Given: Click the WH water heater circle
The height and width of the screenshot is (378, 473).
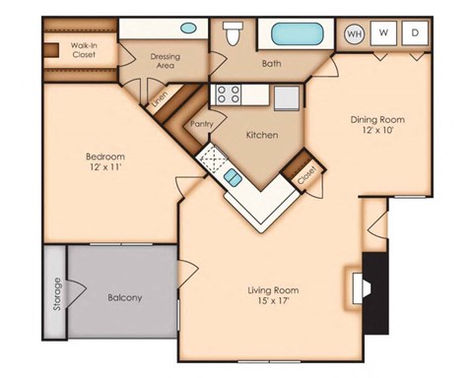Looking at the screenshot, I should pyautogui.click(x=354, y=32).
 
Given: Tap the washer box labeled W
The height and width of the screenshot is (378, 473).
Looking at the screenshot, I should pyautogui.click(x=383, y=32).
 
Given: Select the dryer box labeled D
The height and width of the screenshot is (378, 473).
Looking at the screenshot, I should pyautogui.click(x=414, y=32).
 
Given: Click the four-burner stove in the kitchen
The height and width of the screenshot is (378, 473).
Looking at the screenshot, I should pyautogui.click(x=230, y=94).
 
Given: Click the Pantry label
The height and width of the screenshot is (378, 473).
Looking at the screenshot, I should pyautogui.click(x=201, y=124).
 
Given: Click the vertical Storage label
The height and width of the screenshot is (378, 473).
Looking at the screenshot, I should pyautogui.click(x=56, y=293).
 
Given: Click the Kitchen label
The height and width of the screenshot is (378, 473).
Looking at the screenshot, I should pyautogui.click(x=261, y=135).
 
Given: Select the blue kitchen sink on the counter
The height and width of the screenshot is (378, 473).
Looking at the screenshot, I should pyautogui.click(x=232, y=177).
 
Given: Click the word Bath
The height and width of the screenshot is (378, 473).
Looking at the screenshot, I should pyautogui.click(x=272, y=65).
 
